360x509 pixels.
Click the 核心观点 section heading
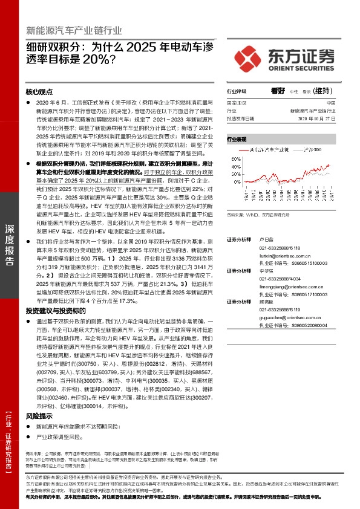pos(40,92)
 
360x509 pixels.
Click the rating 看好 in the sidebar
pos(278,91)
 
